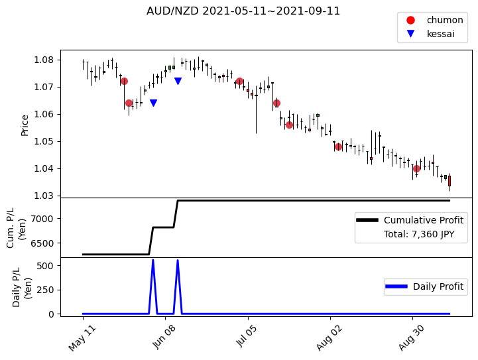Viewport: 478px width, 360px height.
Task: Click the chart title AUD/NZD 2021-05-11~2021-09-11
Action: pos(243,11)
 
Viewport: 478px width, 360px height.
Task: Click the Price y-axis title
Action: pos(25,125)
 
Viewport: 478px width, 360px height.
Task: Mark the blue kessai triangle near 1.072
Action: pos(178,81)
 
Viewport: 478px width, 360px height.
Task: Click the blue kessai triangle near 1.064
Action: pos(153,103)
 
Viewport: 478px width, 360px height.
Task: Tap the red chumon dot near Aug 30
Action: pos(416,168)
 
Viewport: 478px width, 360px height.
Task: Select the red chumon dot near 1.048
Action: pos(338,147)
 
